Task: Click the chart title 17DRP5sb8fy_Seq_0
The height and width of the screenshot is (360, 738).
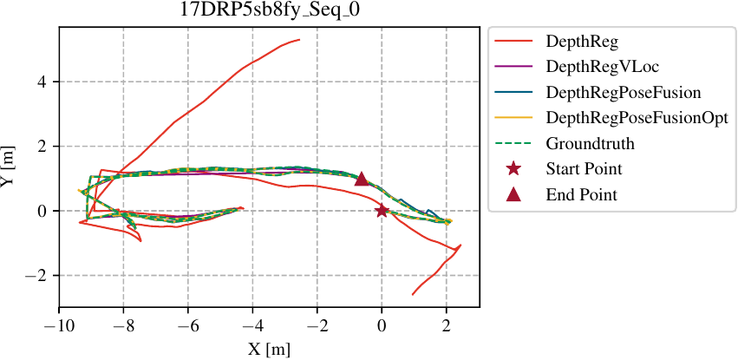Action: (x=269, y=12)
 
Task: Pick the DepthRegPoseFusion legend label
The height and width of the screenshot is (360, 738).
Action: (x=623, y=91)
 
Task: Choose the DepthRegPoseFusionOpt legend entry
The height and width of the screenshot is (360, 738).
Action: (x=637, y=117)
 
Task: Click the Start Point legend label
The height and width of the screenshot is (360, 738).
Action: (x=584, y=168)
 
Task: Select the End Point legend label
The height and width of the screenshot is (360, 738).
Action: (x=581, y=194)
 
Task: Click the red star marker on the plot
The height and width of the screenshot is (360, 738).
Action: (x=382, y=210)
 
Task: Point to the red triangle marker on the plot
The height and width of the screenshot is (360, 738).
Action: (x=362, y=179)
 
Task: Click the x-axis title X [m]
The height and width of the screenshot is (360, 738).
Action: (x=269, y=350)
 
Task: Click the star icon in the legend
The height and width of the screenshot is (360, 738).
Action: (x=513, y=168)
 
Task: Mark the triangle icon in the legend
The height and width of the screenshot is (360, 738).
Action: (x=513, y=193)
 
